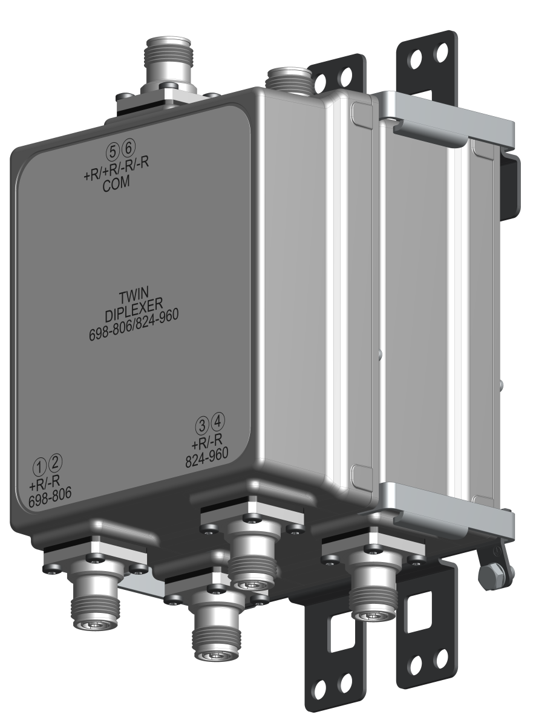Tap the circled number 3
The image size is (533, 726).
pos(202,424)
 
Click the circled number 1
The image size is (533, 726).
pos(40,466)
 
